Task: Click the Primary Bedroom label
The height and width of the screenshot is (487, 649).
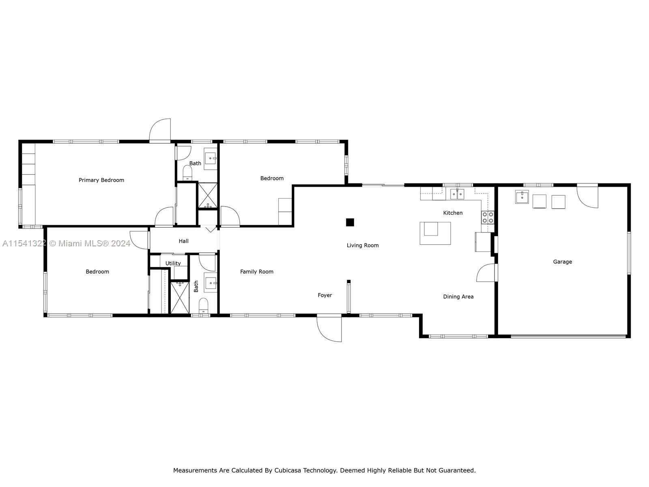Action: point(101,180)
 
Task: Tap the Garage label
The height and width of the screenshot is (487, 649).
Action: point(562,262)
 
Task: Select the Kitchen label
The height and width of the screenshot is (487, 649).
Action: point(453,213)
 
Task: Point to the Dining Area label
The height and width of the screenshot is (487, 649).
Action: point(458,297)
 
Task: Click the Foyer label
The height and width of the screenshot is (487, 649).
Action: point(324,295)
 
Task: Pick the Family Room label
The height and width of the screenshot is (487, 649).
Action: point(256,272)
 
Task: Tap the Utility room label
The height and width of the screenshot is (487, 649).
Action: point(173,263)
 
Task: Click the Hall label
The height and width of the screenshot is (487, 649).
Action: point(183,241)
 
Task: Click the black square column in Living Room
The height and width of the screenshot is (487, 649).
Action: point(350,222)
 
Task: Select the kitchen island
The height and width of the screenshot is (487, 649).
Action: point(435,233)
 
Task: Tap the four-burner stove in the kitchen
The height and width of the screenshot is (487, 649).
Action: point(488,218)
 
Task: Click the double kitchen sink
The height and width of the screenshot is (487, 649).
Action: point(457,194)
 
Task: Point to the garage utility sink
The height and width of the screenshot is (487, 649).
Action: point(522,197)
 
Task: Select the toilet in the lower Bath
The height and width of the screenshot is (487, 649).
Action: point(204,305)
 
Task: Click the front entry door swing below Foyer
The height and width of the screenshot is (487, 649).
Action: point(329,328)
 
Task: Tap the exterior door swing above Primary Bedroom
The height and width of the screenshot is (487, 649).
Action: point(160,130)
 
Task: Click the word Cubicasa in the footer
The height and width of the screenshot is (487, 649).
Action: point(289,471)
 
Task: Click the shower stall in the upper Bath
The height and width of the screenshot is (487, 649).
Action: point(208,195)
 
